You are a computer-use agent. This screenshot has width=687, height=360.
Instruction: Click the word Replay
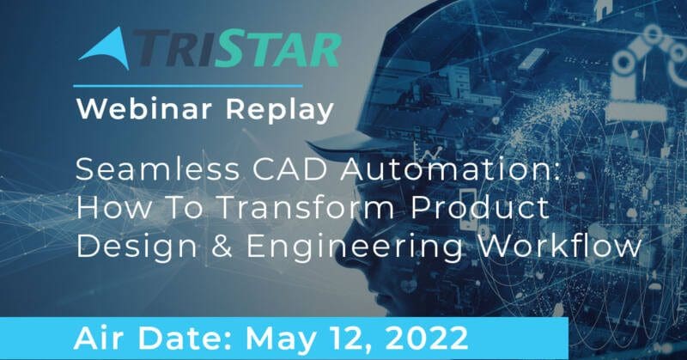[x=280, y=110]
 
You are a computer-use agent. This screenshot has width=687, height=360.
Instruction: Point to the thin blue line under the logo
[x=188, y=86]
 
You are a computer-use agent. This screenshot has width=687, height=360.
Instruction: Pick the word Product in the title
[x=480, y=207]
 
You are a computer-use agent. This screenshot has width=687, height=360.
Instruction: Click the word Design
[x=137, y=247]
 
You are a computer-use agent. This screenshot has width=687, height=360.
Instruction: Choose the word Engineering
[x=355, y=247]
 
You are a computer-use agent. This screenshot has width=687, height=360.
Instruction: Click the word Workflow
[x=560, y=246]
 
